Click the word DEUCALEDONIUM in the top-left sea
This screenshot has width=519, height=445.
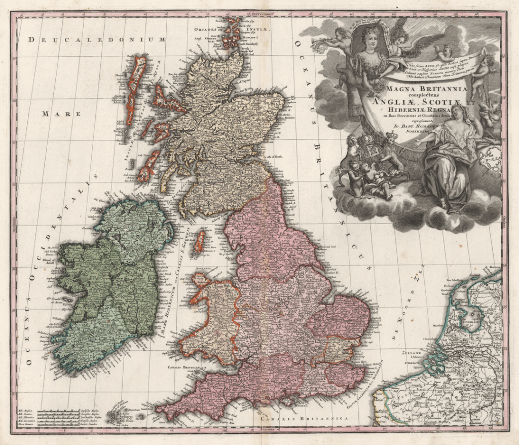[97, 40]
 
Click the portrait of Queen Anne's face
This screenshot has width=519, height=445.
[371, 41]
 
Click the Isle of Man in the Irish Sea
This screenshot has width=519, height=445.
[200, 242]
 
